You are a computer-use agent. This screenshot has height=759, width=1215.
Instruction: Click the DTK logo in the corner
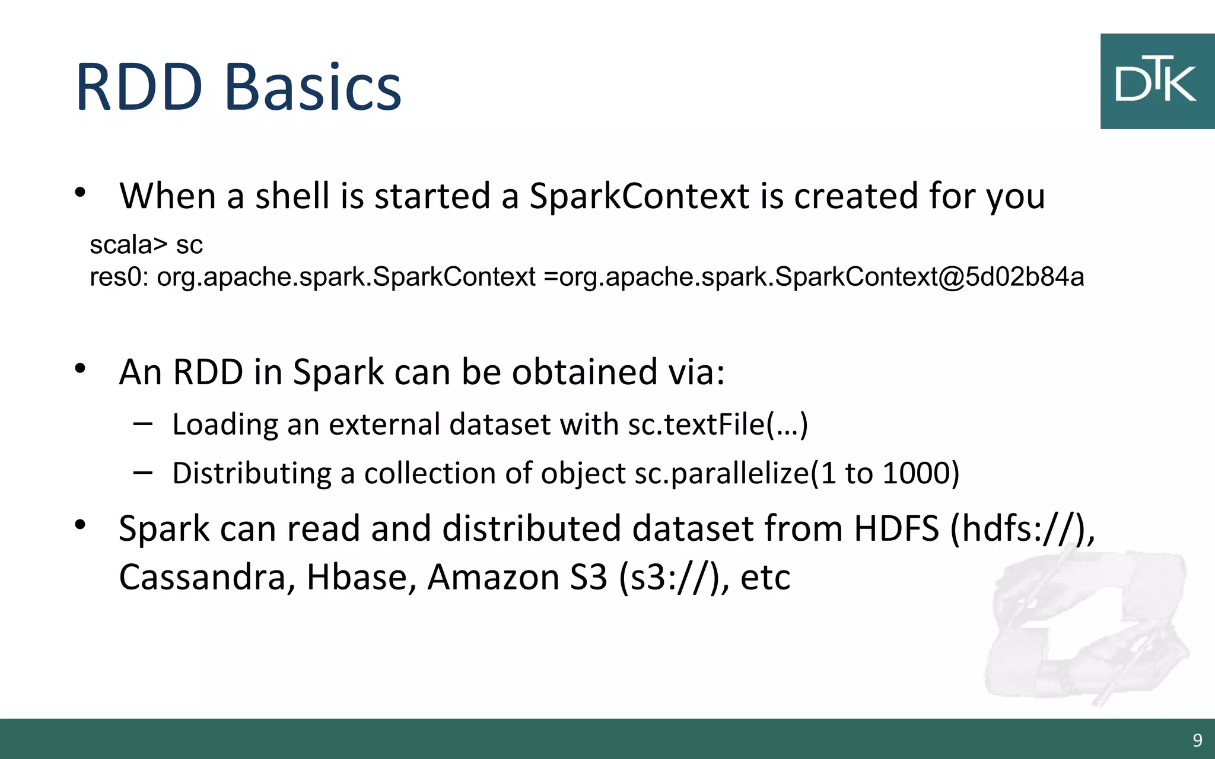[1156, 81]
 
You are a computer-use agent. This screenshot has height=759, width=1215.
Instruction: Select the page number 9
[1197, 740]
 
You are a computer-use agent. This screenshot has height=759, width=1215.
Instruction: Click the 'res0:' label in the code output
[119, 277]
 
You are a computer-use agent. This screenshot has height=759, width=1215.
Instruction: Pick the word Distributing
[252, 474]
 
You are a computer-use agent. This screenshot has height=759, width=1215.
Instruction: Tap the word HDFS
[896, 528]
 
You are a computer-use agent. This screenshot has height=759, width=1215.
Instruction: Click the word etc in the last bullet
[765, 577]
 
